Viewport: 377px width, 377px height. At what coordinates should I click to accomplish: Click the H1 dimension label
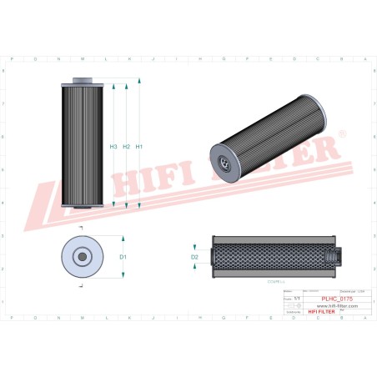click(139, 147)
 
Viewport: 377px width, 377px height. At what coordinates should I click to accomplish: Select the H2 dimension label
click(127, 147)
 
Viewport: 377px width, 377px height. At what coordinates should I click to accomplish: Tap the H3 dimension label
click(113, 147)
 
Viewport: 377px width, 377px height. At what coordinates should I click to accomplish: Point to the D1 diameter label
click(122, 257)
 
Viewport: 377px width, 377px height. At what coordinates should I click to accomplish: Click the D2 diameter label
click(194, 257)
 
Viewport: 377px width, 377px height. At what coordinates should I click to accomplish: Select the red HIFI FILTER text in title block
click(321, 312)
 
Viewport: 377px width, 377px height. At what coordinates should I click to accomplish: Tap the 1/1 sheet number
click(297, 296)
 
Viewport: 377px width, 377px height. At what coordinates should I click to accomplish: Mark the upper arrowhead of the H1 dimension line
click(138, 85)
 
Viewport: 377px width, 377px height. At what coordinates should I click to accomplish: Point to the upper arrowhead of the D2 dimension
click(196, 248)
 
